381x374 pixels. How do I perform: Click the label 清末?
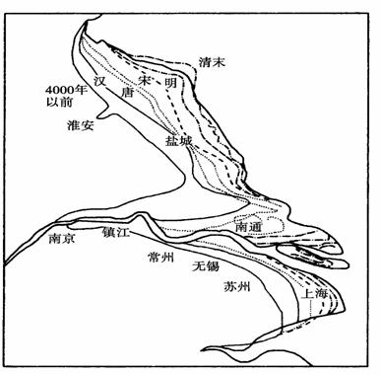click(212, 62)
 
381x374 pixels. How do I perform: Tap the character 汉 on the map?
click(99, 81)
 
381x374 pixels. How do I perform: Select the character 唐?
click(127, 93)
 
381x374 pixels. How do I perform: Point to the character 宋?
click(144, 81)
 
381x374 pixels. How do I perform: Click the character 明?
click(170, 82)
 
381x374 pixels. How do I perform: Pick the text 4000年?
click(65, 90)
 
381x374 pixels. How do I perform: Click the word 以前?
click(59, 102)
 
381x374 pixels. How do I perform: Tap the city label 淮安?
click(81, 125)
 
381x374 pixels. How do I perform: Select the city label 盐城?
click(178, 141)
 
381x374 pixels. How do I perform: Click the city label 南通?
click(248, 227)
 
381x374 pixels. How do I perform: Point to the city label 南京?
click(62, 238)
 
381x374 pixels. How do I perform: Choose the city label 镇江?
click(115, 232)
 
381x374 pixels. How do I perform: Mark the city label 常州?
click(160, 257)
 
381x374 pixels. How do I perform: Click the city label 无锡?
click(206, 265)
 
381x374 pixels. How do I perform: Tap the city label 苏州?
click(236, 286)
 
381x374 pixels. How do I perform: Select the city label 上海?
click(314, 293)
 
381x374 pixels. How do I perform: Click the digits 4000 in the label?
click(58, 90)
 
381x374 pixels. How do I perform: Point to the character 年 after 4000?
click(79, 90)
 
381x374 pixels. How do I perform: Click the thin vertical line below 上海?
click(310, 309)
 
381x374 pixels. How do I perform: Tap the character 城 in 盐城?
click(185, 141)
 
